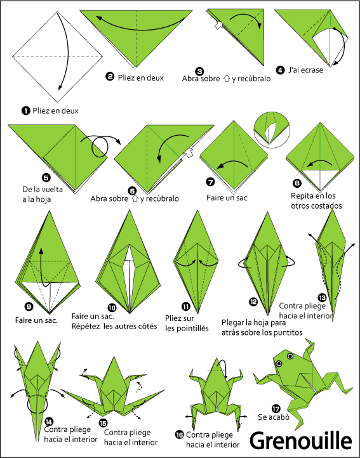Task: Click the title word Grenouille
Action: [x=300, y=442]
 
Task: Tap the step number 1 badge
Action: [x=26, y=111]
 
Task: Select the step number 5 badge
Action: [x=46, y=178]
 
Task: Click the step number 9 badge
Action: [x=29, y=306]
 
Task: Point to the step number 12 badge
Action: [x=253, y=302]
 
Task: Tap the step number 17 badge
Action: [x=276, y=409]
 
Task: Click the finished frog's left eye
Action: [x=279, y=363]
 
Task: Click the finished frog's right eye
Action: [x=290, y=356]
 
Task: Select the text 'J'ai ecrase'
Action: [x=305, y=70]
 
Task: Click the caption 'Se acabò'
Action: [x=274, y=417]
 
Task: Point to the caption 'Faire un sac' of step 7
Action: [x=227, y=198]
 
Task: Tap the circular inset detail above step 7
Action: [x=272, y=129]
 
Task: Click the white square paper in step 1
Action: [x=58, y=56]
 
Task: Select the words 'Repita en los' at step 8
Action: [x=313, y=196]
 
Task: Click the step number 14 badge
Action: [x=49, y=421]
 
